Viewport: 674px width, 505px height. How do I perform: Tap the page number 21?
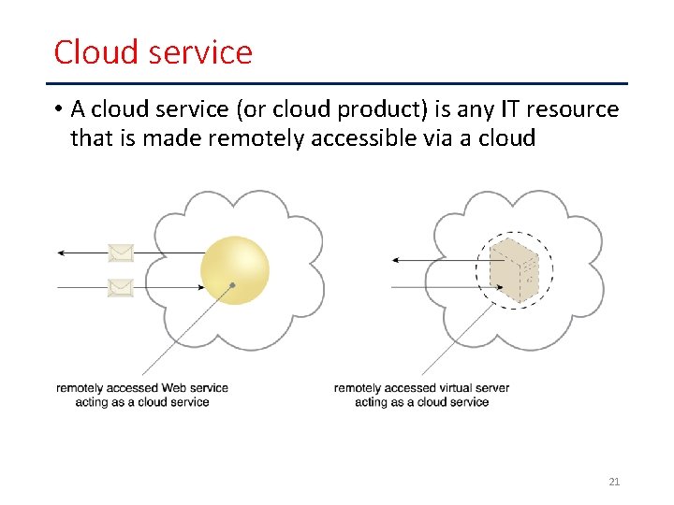(614, 482)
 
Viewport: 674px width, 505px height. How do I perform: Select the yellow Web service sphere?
(235, 270)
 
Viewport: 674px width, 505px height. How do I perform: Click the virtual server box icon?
(516, 271)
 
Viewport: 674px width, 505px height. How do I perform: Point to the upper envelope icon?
(121, 252)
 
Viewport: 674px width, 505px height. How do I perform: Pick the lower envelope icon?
(121, 287)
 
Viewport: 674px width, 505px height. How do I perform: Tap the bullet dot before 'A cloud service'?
(58, 109)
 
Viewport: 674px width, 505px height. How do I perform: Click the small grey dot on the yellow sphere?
(232, 285)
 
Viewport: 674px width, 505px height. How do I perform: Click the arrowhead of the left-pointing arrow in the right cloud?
(397, 259)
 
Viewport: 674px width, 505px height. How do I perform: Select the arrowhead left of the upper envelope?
(60, 252)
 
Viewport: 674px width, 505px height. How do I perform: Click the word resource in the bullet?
(572, 109)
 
